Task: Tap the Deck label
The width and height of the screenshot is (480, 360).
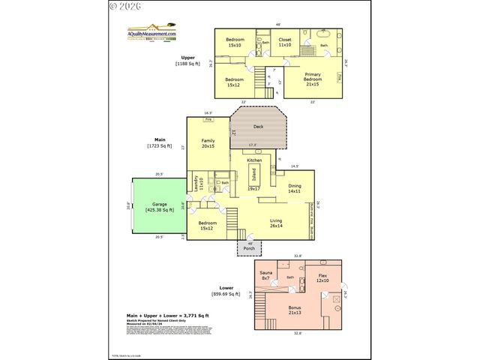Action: [257, 127]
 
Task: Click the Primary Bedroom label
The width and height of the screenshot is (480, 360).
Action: [313, 80]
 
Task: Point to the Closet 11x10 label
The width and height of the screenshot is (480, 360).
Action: [285, 42]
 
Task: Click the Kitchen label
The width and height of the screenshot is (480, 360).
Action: [255, 160]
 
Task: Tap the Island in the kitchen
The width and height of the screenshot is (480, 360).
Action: [255, 177]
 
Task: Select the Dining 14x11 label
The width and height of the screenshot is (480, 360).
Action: [295, 188]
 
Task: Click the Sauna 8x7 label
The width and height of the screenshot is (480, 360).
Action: [265, 275]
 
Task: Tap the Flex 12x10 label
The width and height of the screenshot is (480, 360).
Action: [322, 278]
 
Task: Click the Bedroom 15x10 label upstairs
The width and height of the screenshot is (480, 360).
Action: [234, 42]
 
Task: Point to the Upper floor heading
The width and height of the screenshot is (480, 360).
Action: [187, 60]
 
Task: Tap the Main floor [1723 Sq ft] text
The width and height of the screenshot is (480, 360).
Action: [159, 142]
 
